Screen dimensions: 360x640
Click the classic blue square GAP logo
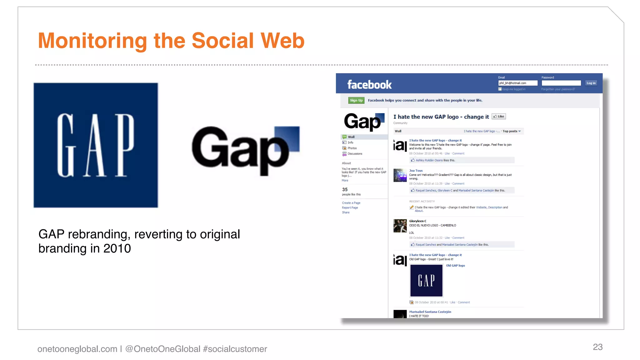click(96, 145)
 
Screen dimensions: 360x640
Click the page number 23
click(597, 347)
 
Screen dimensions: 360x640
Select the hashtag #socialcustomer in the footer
click(235, 349)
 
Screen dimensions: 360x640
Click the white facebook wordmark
click(369, 85)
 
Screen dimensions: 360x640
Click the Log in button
click(591, 83)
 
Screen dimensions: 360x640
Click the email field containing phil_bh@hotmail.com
click(517, 83)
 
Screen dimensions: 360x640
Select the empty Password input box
click(561, 83)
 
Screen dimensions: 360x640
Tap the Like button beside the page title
click(499, 117)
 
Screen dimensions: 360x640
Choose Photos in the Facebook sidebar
click(352, 148)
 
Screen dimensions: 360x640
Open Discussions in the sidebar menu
click(355, 154)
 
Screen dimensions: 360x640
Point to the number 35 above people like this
click(345, 189)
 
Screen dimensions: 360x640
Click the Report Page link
click(350, 207)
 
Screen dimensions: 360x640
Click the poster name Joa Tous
click(416, 171)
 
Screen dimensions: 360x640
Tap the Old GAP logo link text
click(455, 266)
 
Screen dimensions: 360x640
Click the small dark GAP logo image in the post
click(426, 281)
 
